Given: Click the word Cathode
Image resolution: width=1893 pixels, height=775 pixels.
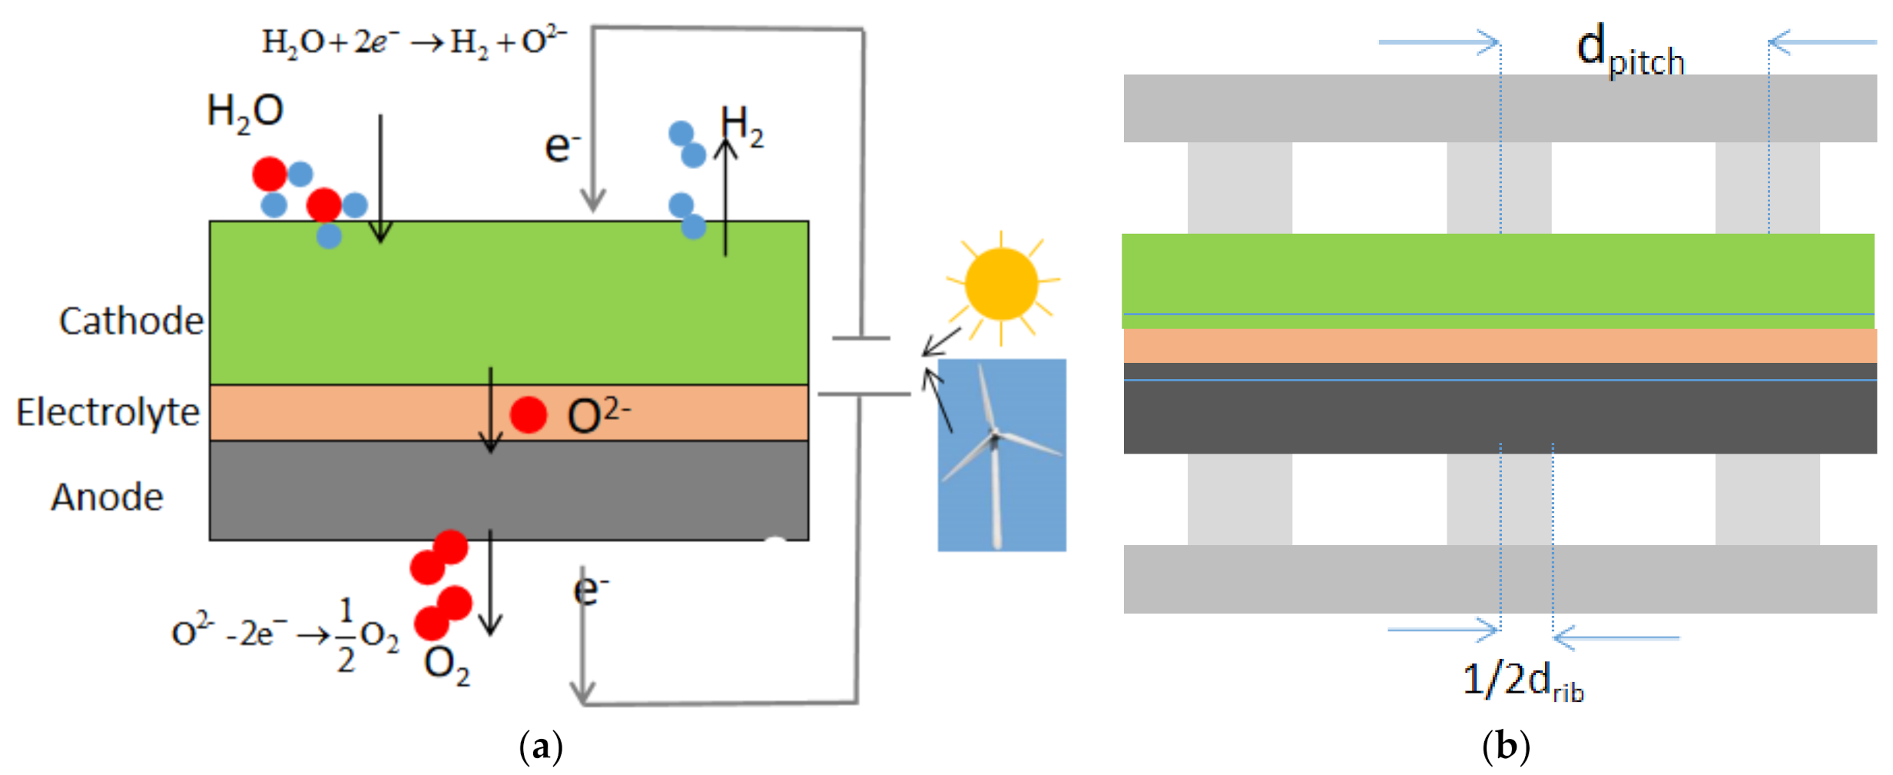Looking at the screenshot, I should pos(131,321).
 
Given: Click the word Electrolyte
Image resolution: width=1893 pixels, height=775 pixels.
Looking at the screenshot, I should pos(108,413).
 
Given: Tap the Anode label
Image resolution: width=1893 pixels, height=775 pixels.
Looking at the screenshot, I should pos(108,497).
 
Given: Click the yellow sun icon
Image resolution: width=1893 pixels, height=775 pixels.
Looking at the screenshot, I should pos(1001,284).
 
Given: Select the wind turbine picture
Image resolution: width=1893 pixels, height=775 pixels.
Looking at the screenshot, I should pos(1001,454).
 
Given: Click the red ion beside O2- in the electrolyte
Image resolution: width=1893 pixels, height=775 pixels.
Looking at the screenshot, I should pos(528,415).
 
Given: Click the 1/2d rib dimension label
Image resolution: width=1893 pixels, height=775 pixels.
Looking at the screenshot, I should pos(1522,681).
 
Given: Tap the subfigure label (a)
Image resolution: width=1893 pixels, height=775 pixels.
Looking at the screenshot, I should pos(541,747).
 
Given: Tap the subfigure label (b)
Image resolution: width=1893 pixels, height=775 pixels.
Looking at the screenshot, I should pos(1506,747).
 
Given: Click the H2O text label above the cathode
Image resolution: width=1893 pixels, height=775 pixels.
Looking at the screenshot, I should pos(245,112).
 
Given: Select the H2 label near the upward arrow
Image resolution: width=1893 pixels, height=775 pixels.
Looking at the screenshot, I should pos(742,126).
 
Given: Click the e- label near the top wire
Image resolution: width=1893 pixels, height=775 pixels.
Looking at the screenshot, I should pos(562,146).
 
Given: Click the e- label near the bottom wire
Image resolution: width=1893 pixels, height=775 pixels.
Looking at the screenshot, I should pos(590,590).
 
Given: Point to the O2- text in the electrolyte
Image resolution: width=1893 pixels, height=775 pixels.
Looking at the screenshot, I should pos(598,415).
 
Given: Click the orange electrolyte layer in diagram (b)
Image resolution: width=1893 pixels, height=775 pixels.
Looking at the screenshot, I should pos(1498,346).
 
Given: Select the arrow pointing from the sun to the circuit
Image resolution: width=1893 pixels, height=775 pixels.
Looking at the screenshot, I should pos(942,341).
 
